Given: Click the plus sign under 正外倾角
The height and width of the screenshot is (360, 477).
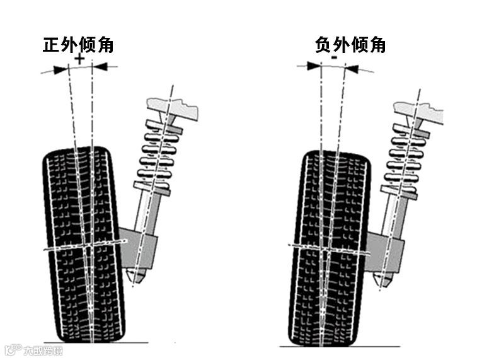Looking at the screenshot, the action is click(79, 59).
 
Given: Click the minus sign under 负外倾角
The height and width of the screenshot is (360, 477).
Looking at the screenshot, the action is click(335, 58).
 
